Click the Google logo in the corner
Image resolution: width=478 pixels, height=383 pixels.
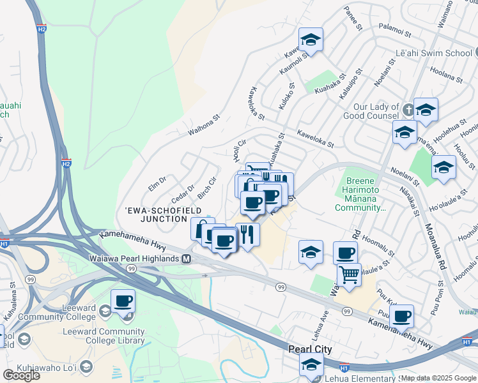pyautogui.click(x=20, y=375)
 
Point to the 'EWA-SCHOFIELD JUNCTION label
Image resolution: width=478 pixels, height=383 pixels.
pyautogui.click(x=164, y=214)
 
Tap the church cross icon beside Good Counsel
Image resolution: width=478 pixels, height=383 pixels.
pyautogui.click(x=407, y=107)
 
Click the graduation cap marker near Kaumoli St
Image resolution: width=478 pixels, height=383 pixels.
pyautogui.click(x=311, y=40)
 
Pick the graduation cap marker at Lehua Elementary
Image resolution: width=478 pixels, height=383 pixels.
pyautogui.click(x=311, y=364)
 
